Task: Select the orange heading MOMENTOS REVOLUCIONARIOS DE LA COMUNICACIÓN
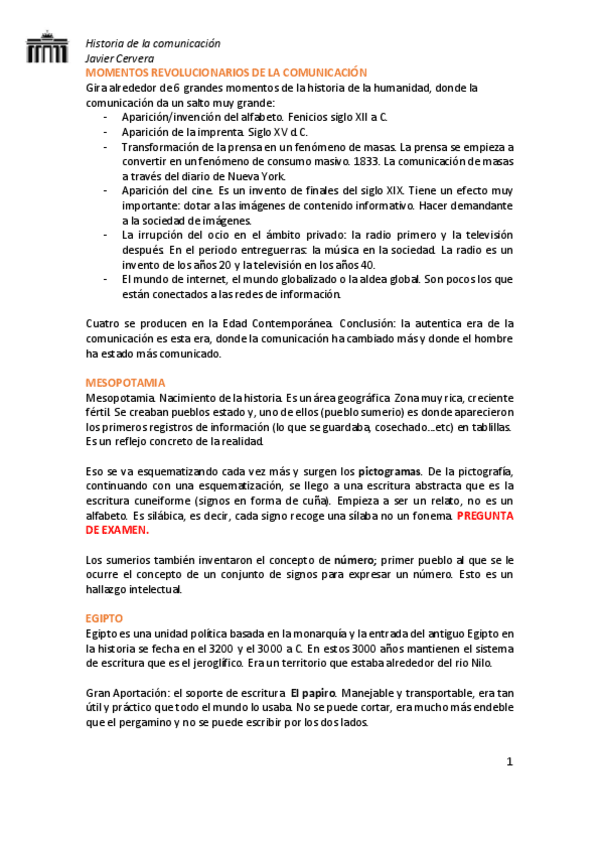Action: click(227, 73)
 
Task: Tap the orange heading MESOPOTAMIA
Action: click(125, 383)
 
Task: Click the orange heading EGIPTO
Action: click(103, 619)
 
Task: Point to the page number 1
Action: click(509, 762)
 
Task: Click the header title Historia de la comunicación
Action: click(152, 44)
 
